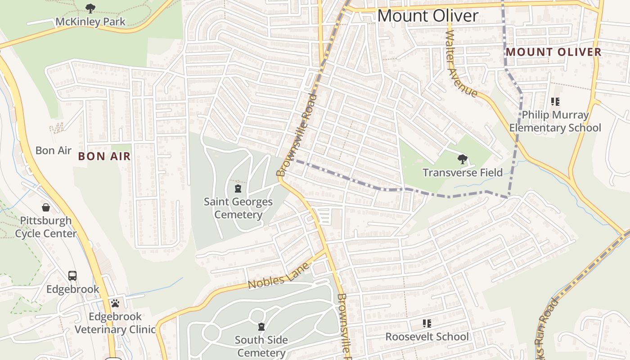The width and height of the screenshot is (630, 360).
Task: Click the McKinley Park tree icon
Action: tap(90, 8)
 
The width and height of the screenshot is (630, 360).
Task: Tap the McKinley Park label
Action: tap(90, 21)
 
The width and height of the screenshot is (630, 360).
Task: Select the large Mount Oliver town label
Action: tap(427, 16)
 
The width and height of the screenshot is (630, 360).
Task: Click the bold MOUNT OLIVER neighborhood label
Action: tap(553, 52)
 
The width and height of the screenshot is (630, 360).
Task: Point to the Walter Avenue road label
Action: tap(461, 64)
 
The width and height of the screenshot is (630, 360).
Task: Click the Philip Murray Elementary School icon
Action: tap(555, 102)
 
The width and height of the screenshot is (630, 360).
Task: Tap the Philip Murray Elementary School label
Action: tap(555, 121)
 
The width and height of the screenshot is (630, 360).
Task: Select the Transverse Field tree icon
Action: tap(462, 159)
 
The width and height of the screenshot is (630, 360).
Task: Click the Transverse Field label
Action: tap(462, 172)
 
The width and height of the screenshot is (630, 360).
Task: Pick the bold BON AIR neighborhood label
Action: tap(104, 156)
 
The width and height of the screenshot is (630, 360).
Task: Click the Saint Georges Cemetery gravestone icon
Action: tap(238, 188)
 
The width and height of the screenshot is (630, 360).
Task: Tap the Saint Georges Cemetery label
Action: tap(238, 208)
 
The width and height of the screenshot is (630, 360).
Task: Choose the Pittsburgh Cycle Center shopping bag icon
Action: tap(46, 207)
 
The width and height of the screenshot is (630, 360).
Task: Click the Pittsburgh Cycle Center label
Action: tap(46, 227)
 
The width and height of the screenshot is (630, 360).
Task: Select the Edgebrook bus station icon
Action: tap(72, 275)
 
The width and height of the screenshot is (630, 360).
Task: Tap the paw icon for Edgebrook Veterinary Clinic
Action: tap(115, 303)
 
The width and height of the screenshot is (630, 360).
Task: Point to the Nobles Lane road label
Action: tap(279, 276)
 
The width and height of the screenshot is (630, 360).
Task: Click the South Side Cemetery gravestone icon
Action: tap(261, 327)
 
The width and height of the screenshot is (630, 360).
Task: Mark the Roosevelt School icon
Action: tap(427, 323)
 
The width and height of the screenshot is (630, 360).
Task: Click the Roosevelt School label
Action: tap(427, 337)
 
